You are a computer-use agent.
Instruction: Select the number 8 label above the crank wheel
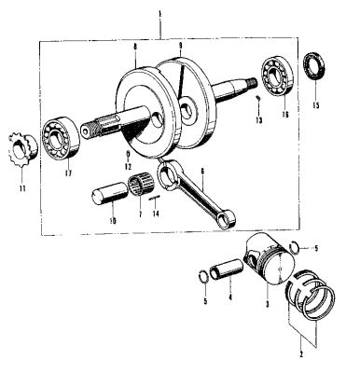(136, 44)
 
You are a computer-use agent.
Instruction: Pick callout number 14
(153, 212)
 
